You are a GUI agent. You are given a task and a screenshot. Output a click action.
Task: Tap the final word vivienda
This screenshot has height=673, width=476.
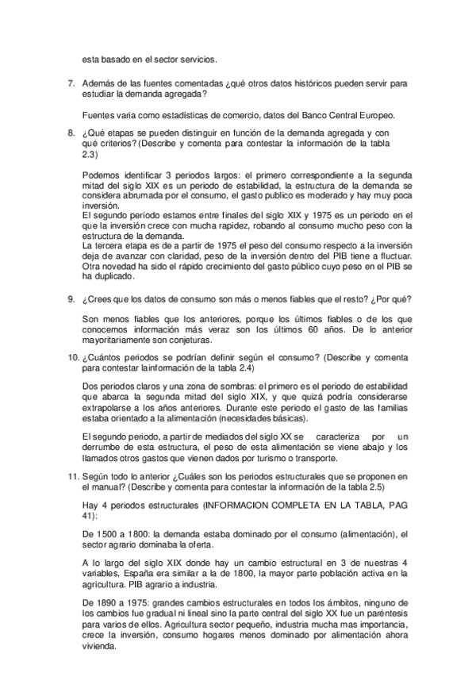[101, 645]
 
